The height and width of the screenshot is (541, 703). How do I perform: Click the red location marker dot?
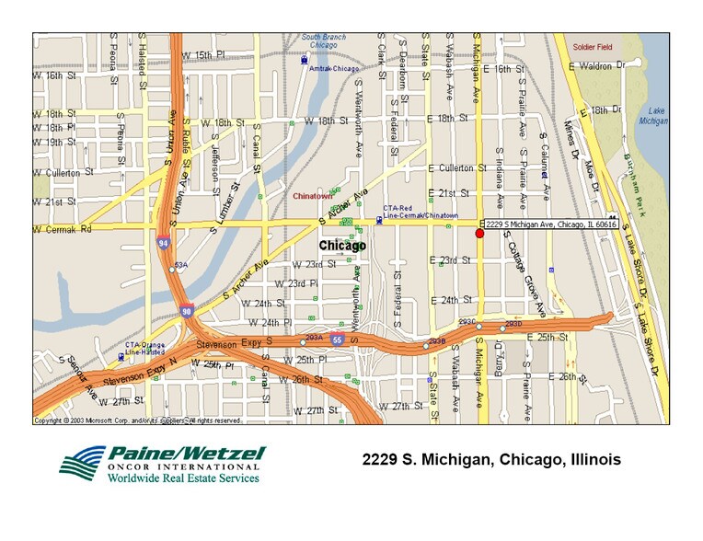(x=479, y=234)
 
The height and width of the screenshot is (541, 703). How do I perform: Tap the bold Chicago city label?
(x=342, y=246)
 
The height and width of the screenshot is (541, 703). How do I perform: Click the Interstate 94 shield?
(x=161, y=243)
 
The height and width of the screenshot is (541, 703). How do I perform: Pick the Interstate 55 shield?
(x=338, y=340)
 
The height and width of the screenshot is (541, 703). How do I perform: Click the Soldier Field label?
(x=592, y=46)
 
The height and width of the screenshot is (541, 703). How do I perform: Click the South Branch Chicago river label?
(x=324, y=40)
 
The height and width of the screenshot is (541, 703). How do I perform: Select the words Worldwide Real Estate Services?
(x=180, y=478)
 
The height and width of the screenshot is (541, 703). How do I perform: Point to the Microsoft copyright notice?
(x=138, y=420)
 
